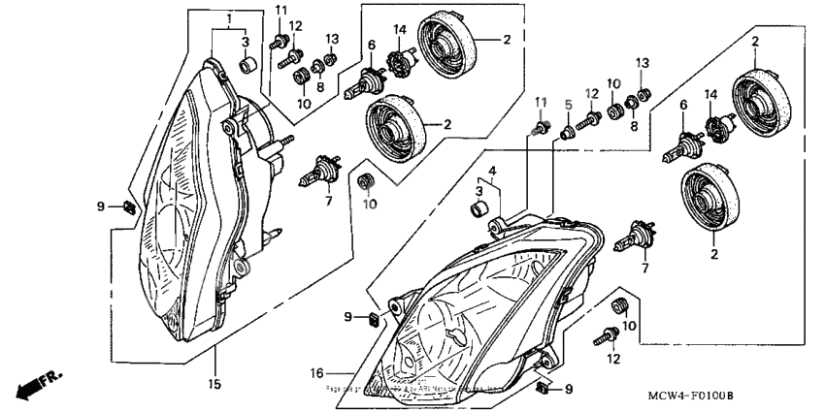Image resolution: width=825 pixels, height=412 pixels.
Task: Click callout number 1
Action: pyautogui.click(x=229, y=19)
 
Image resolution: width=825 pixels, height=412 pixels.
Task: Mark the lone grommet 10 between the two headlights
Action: pyautogui.click(x=367, y=180)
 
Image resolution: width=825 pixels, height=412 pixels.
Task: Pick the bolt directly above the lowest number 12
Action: pyautogui.click(x=610, y=335)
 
